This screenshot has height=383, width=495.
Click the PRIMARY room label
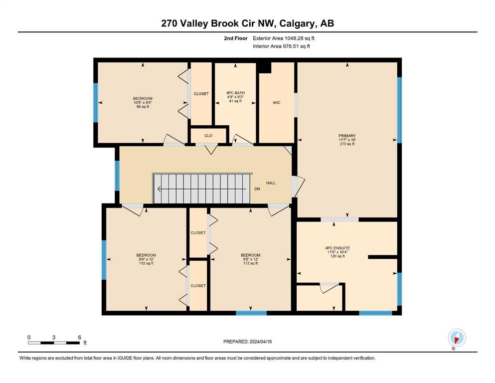[x=347, y=136]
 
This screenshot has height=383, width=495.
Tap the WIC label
[x=277, y=103]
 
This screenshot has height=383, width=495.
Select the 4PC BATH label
[x=235, y=93]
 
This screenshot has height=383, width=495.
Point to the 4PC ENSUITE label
[x=337, y=248]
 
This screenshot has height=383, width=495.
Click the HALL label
[x=271, y=183]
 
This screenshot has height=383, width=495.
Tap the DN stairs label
[x=257, y=189]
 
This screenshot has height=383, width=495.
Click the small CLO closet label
[x=208, y=136]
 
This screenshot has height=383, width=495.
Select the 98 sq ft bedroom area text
[x=143, y=107]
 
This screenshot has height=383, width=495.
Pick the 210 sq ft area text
[x=347, y=144]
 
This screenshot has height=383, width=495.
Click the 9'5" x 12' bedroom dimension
[x=251, y=259]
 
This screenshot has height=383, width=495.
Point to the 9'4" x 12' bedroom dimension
[x=146, y=259]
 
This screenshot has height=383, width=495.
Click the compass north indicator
[x=457, y=338]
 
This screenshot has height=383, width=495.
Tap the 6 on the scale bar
[x=80, y=337]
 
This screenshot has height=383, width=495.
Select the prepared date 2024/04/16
[x=261, y=342]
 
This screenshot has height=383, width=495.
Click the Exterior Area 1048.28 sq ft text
[x=284, y=38]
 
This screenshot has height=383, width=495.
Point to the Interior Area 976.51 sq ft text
[x=281, y=46]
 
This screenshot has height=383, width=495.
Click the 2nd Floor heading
[x=236, y=38]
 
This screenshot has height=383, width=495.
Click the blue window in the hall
[x=117, y=176]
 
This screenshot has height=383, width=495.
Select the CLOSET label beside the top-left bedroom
[x=201, y=94]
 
